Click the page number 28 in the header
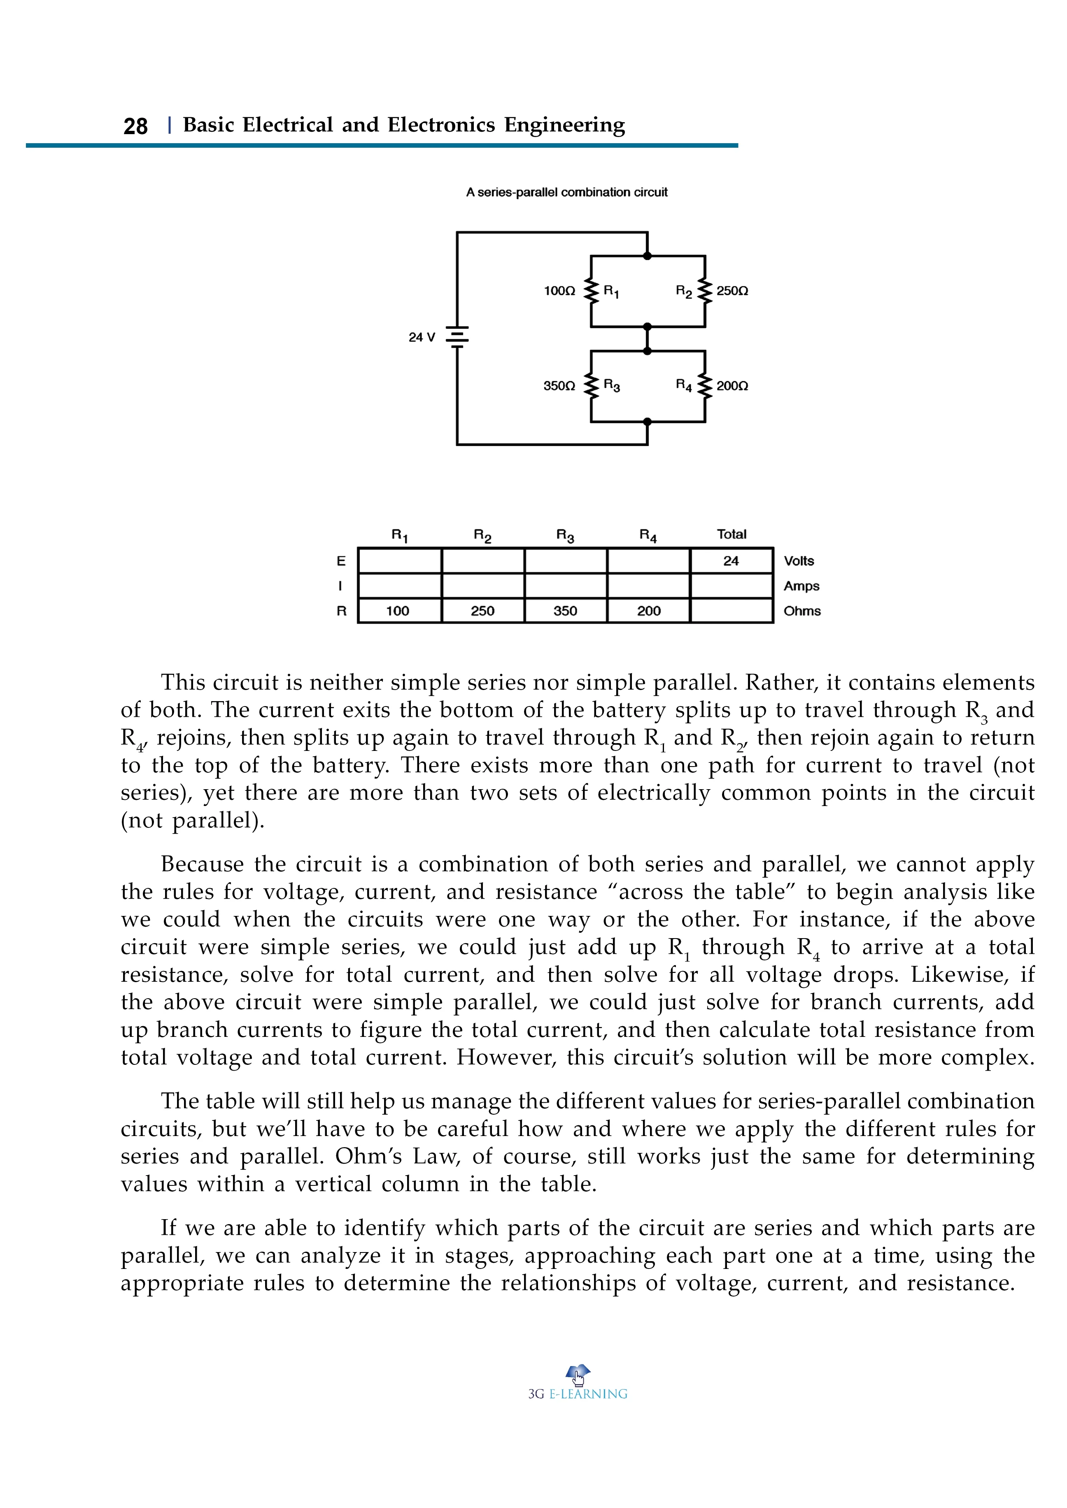[135, 125]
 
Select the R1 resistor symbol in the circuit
[591, 291]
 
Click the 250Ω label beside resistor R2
[732, 290]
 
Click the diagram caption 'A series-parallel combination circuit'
[566, 193]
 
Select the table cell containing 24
[731, 561]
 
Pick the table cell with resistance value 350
[565, 611]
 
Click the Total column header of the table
[731, 534]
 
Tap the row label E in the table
[341, 561]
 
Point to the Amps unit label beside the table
[801, 586]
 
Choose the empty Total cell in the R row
[731, 611]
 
